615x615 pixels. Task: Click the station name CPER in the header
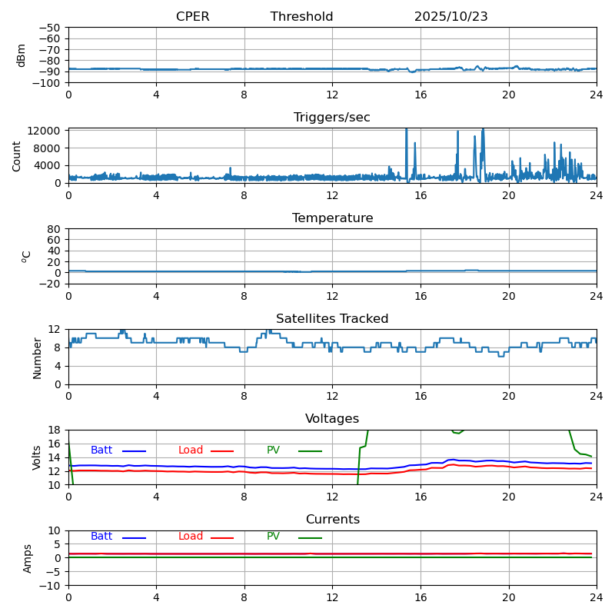[x=192, y=17]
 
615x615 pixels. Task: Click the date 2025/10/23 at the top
[x=450, y=17]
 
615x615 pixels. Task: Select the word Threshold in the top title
[x=301, y=17]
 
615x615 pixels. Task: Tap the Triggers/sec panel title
[x=332, y=118]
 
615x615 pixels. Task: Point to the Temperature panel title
[x=332, y=218]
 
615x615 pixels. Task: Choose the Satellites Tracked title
[x=332, y=319]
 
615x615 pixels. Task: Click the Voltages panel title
[x=332, y=419]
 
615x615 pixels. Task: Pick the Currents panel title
[x=332, y=520]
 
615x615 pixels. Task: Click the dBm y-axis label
[x=22, y=55]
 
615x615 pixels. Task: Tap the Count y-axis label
[x=17, y=155]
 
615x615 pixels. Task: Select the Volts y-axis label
[x=37, y=457]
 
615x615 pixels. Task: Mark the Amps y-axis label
[x=28, y=558]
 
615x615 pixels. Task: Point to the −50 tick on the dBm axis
[x=49, y=28]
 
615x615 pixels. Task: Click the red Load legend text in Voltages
[x=191, y=450]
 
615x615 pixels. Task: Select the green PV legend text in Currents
[x=273, y=537]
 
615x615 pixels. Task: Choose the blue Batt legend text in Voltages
[x=101, y=450]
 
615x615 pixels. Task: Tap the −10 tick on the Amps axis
[x=49, y=586]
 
